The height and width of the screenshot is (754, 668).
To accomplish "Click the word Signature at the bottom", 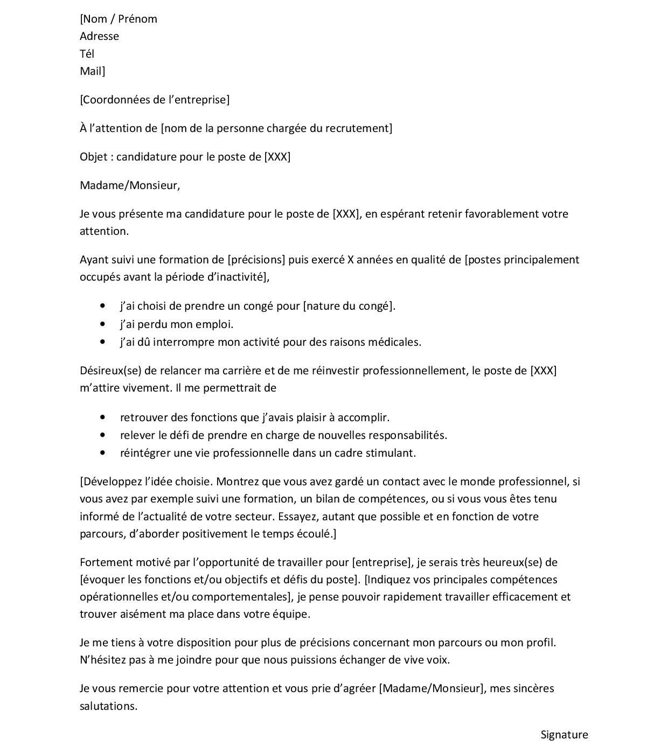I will (x=564, y=735).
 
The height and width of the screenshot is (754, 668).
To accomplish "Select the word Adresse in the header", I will (x=99, y=36).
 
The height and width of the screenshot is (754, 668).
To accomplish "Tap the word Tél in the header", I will (x=87, y=53).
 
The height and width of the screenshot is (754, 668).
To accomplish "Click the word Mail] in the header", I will (x=92, y=71).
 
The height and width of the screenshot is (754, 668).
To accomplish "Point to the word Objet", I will (x=94, y=157).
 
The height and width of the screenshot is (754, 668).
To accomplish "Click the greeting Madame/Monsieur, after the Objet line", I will (x=130, y=185).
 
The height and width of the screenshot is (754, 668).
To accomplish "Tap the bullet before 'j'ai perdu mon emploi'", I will (x=103, y=324).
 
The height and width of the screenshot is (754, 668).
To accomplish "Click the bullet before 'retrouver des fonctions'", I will (x=103, y=417).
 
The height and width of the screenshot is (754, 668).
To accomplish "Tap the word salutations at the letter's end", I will (x=108, y=706).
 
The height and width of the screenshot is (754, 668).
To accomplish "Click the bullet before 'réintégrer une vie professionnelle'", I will (x=103, y=453).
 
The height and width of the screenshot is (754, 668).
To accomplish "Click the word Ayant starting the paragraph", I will (x=94, y=260).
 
